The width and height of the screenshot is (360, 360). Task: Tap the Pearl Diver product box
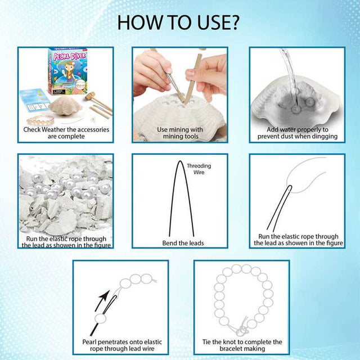(67, 71)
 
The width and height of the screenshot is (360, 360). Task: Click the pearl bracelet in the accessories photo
(40, 120)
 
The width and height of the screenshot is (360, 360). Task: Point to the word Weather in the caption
(53, 129)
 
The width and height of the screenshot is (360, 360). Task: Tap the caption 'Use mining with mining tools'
(180, 133)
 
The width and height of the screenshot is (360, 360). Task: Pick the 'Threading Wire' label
(199, 169)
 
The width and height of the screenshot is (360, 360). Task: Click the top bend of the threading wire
(181, 161)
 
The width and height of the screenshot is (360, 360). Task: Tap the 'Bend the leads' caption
(183, 243)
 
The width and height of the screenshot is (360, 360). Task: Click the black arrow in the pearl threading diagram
(102, 300)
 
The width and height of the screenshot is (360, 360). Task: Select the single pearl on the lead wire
(101, 319)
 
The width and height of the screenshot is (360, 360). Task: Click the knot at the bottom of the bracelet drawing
(243, 331)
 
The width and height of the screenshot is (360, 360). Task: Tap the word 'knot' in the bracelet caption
(230, 342)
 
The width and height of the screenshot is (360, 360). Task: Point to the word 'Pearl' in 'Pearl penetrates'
(90, 342)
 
